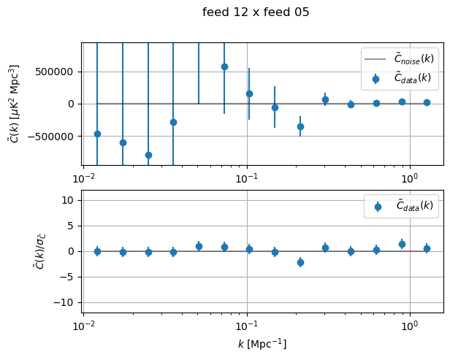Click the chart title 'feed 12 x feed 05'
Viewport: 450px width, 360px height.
[x=256, y=12]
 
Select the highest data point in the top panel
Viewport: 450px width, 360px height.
[x=224, y=66]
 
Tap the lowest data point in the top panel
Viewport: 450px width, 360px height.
[x=148, y=155]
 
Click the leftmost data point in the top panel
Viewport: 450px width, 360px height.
[x=97, y=134]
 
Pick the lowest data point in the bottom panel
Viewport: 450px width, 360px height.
[x=300, y=262]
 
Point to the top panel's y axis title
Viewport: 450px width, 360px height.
[x=15, y=103]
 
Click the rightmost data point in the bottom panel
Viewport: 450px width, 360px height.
[x=427, y=248]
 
